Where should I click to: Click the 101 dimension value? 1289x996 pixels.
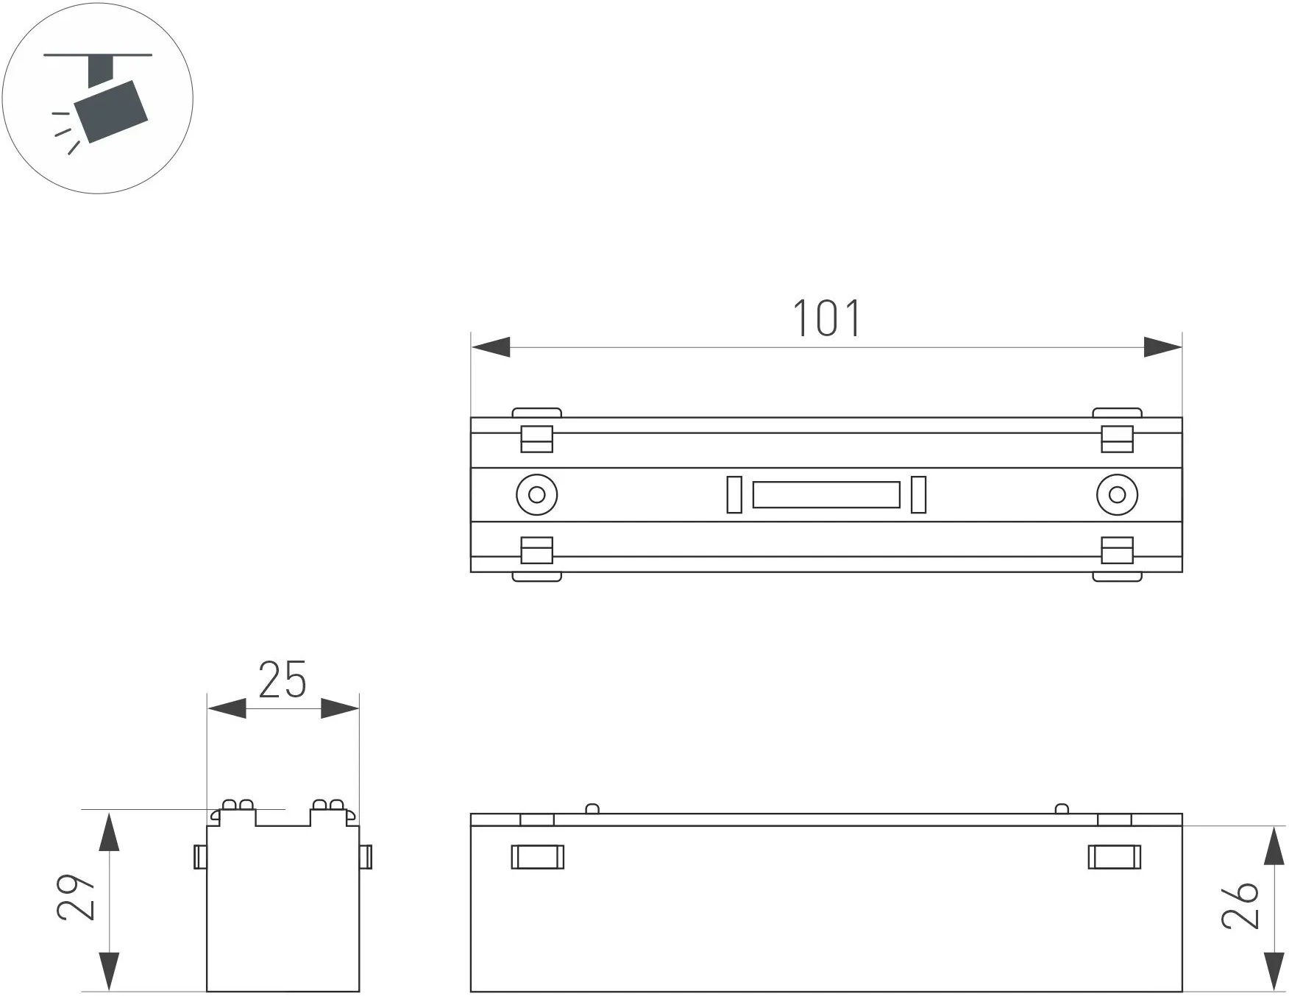click(826, 319)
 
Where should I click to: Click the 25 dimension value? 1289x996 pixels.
click(283, 680)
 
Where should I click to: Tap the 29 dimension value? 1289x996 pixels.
click(76, 897)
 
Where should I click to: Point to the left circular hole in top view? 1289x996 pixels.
click(536, 494)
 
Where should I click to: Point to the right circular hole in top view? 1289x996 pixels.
click(1117, 494)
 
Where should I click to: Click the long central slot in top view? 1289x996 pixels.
click(826, 495)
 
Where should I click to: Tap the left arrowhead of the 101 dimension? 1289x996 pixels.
click(491, 347)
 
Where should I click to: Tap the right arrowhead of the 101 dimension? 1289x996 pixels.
click(1162, 347)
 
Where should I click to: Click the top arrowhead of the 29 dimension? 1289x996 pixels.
click(109, 831)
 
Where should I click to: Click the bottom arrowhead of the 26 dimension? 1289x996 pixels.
click(1274, 972)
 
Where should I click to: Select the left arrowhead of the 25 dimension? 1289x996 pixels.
click(227, 709)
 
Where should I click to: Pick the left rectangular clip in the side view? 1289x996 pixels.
click(538, 857)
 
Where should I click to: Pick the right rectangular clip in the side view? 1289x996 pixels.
click(1115, 857)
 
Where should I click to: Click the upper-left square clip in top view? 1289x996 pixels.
click(536, 439)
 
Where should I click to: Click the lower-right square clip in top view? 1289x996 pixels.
click(1117, 550)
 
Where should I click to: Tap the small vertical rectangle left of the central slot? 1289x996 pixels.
click(734, 494)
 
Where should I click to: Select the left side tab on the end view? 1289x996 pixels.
click(200, 857)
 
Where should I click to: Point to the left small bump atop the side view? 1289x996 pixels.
click(592, 809)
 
